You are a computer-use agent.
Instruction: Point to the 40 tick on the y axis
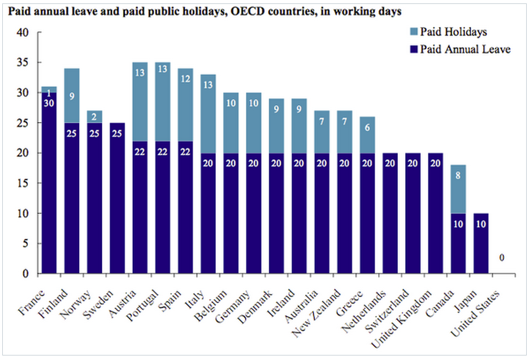coord(23,33)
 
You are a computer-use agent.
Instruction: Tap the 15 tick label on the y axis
coord(23,183)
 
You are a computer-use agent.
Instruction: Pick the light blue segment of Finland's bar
coord(71,96)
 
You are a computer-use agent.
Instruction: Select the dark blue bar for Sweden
coord(118,198)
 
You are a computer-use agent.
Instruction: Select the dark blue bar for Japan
coord(482,243)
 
